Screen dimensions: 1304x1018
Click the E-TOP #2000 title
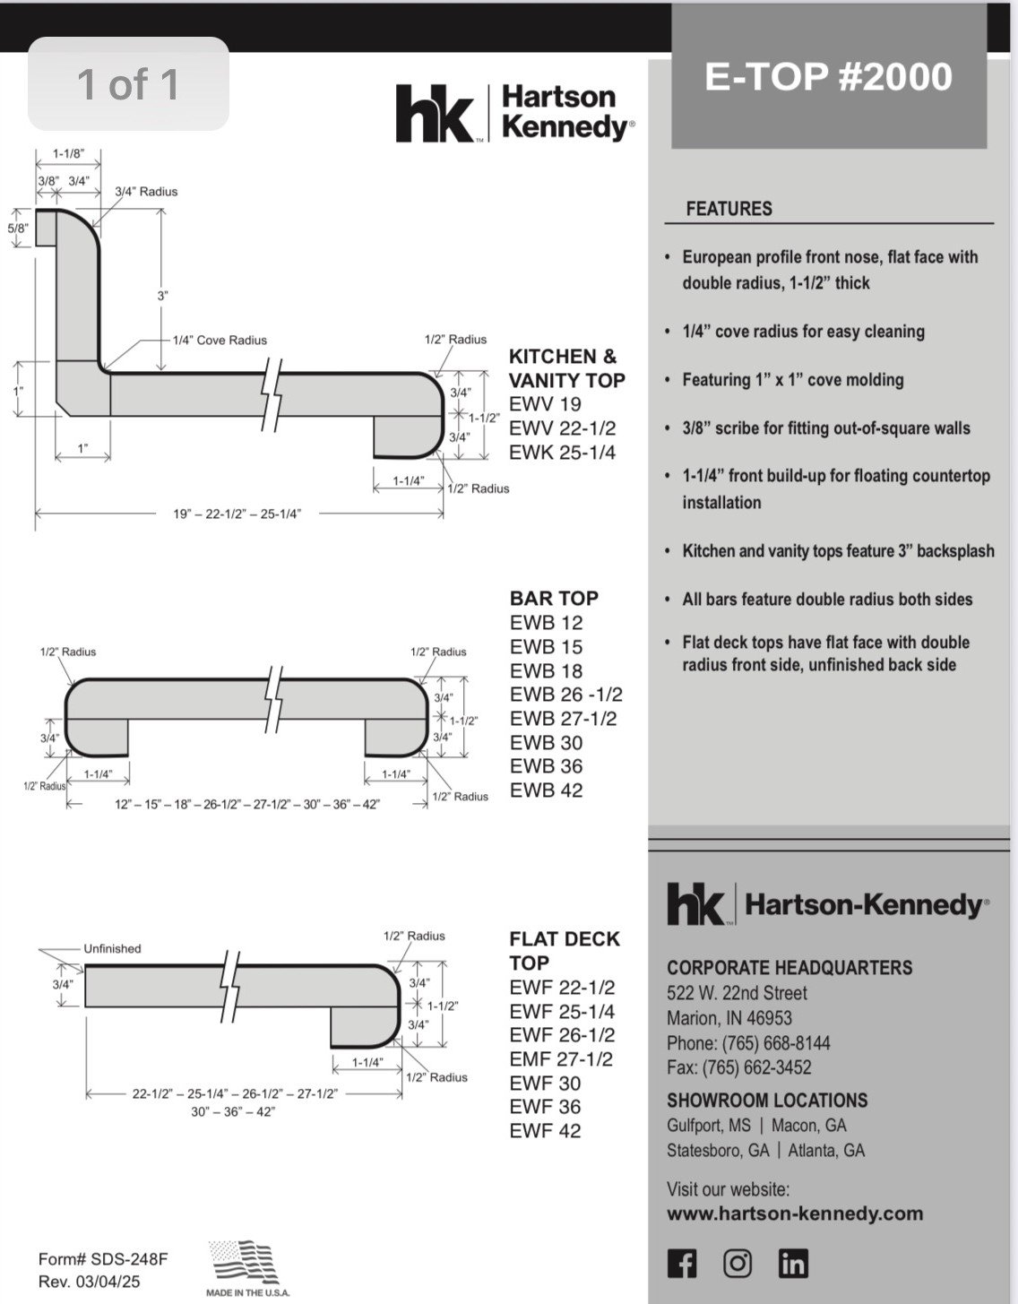coord(828,76)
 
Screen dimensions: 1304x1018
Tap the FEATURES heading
coord(729,209)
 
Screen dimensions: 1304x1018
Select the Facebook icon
coord(682,1264)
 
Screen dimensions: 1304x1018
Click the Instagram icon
coord(737,1264)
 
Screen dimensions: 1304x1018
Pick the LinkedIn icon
coord(793,1264)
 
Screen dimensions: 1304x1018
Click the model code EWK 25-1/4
coord(562,453)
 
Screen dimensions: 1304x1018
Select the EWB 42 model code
coord(546,790)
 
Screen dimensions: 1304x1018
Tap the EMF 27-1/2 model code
coord(561,1059)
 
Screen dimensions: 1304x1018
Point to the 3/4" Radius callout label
coord(146,192)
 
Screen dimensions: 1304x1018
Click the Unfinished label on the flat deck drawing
coord(112,948)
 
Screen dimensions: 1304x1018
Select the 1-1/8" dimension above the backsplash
coord(68,153)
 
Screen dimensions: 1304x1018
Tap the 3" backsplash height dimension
coord(163,296)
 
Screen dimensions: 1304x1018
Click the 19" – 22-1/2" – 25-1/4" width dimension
coord(237,514)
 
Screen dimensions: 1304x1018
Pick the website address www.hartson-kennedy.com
coord(794,1213)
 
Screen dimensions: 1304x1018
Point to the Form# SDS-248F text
coord(102,1259)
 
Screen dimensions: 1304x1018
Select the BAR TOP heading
coord(554,598)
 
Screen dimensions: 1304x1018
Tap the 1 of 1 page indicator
coord(128,84)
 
